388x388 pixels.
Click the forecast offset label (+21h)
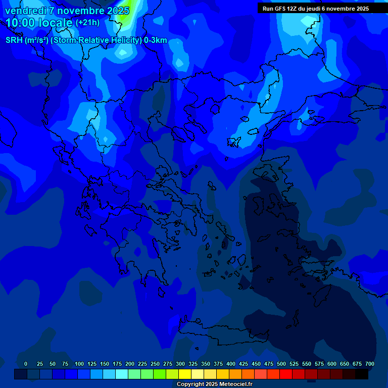click(87, 23)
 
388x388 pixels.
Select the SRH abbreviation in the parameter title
click(14, 40)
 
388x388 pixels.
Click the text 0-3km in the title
click(156, 40)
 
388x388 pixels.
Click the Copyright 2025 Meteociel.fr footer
click(214, 384)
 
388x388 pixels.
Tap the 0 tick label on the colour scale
click(26, 364)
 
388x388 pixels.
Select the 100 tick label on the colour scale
click(79, 364)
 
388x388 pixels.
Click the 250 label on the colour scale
click(155, 364)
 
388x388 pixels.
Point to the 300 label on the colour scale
click(180, 364)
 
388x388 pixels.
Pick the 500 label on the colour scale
click(281, 364)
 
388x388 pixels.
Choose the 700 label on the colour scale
click(370, 364)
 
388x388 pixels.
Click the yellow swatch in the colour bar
click(185, 374)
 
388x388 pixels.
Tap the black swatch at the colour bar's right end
click(362, 374)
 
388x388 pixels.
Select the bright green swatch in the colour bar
click(160, 374)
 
